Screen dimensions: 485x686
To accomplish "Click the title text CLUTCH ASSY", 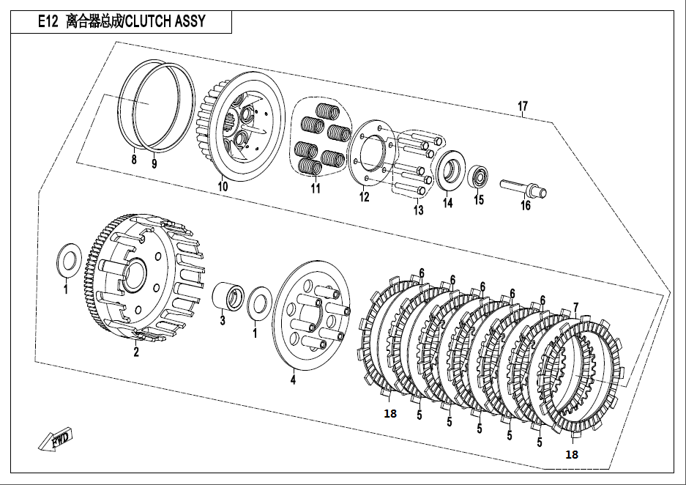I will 165,22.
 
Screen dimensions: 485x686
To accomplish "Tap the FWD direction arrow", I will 56,440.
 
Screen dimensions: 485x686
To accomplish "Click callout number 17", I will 522,107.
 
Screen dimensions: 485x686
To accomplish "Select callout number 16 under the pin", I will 525,206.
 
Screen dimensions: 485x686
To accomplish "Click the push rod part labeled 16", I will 523,187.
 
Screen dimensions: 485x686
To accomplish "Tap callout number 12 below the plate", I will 364,196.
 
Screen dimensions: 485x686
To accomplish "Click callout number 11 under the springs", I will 316,188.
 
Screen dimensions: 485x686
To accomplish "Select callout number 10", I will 223,187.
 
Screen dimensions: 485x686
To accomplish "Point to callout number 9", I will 154,164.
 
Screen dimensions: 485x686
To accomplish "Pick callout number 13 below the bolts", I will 417,210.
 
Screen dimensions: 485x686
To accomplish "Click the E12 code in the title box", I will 48,22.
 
